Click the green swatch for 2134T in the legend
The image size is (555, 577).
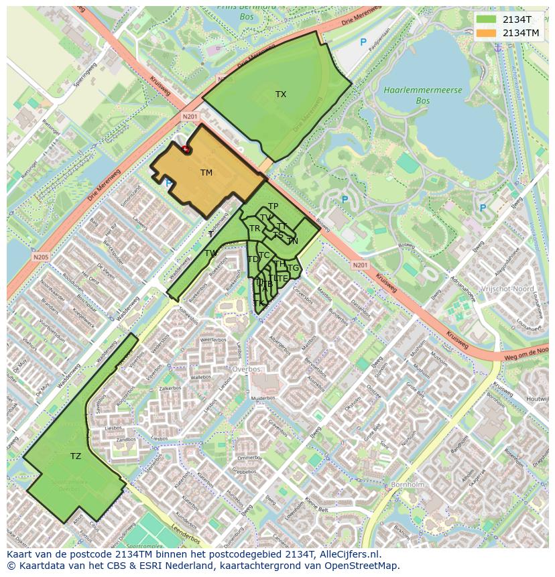(486, 19)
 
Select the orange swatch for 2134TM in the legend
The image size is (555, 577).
(486, 33)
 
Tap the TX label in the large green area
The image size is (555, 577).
(281, 94)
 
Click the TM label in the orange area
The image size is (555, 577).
(206, 173)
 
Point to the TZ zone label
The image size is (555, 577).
(76, 456)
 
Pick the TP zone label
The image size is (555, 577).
(273, 206)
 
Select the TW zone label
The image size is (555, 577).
(210, 253)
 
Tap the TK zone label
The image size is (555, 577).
(259, 304)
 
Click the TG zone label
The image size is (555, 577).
(293, 268)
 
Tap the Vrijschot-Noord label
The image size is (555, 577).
(506, 289)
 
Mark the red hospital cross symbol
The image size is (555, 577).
(186, 149)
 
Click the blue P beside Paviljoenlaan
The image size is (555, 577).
(363, 42)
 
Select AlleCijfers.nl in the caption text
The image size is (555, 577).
(349, 554)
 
